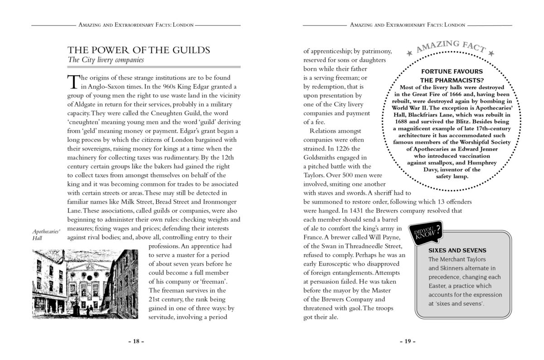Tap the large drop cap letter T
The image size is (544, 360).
click(73, 81)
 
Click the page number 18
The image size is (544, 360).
click(136, 341)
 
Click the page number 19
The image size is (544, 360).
click(408, 341)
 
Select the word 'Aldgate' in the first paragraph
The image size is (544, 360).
click(83, 103)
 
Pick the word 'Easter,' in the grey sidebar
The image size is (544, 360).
click(438, 286)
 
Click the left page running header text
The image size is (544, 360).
click(136, 25)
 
